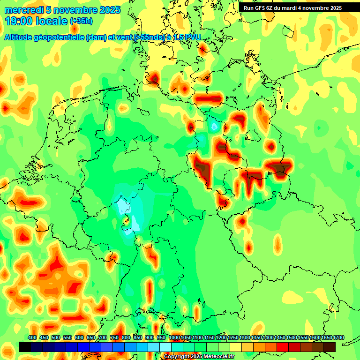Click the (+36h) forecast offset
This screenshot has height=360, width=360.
[x=81, y=21]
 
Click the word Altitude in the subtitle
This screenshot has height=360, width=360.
[x=19, y=37]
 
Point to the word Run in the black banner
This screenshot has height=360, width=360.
[x=248, y=8]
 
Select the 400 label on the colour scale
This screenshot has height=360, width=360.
[x=32, y=338]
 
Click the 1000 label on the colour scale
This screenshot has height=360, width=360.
[x=174, y=338]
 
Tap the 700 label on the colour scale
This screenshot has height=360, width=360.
[x=103, y=338]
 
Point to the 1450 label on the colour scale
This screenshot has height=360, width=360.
[x=280, y=338]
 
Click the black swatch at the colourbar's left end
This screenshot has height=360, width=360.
[x=25, y=347]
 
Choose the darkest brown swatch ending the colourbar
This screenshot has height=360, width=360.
[x=330, y=347]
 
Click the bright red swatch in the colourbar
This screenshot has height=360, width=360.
[x=283, y=347]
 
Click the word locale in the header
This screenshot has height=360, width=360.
[x=52, y=21]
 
